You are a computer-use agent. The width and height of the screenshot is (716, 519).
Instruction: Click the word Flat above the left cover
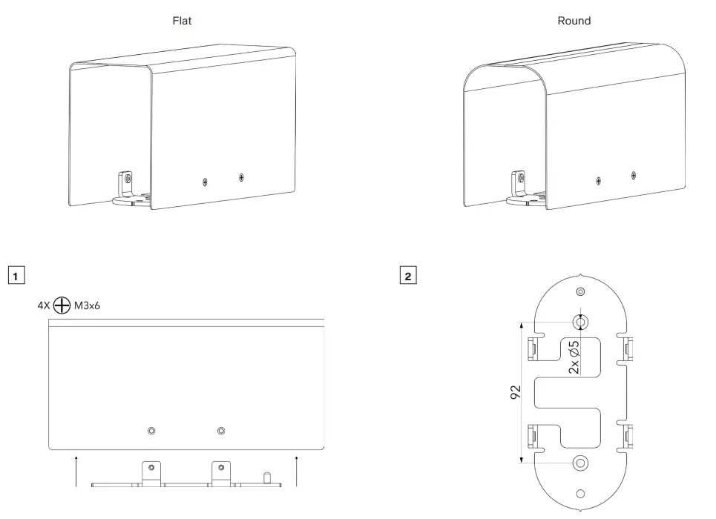pyautogui.click(x=182, y=21)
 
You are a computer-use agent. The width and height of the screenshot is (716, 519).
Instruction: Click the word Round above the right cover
pyautogui.click(x=574, y=21)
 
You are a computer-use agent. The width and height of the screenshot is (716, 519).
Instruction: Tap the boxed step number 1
pyautogui.click(x=16, y=276)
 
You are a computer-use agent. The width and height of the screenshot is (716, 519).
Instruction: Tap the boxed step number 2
pyautogui.click(x=407, y=276)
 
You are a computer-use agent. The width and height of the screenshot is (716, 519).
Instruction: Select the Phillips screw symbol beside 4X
pyautogui.click(x=62, y=305)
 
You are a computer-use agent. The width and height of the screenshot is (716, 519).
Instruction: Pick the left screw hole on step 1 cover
pyautogui.click(x=151, y=431)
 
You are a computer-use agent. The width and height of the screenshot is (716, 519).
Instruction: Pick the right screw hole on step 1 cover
pyautogui.click(x=220, y=431)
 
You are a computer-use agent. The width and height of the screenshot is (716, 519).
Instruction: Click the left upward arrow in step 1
pyautogui.click(x=77, y=472)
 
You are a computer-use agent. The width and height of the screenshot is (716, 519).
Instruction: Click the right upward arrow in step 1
pyautogui.click(x=296, y=472)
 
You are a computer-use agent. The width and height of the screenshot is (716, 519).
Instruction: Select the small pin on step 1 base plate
pyautogui.click(x=266, y=475)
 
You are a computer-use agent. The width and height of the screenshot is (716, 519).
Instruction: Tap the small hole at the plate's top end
pyautogui.click(x=580, y=291)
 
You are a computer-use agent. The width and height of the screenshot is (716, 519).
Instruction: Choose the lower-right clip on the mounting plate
pyautogui.click(x=627, y=437)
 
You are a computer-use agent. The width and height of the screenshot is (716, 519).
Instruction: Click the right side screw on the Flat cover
pyautogui.click(x=241, y=176)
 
